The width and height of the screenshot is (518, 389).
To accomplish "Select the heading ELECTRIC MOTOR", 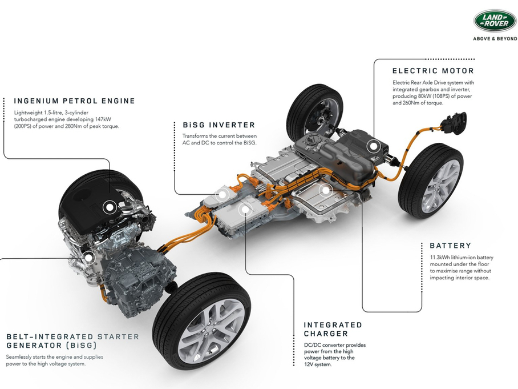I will tap(433, 71).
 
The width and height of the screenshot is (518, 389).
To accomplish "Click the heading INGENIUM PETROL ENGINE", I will tap(75, 101).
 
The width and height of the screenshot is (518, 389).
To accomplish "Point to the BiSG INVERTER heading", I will tap(218, 125).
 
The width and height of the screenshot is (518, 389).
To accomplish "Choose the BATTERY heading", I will tap(450, 246).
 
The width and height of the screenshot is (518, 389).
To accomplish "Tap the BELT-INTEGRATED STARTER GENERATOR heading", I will tap(72, 341).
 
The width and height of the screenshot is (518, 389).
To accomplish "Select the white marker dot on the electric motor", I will tap(373, 146).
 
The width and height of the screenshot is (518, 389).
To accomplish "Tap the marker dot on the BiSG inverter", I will tap(222, 194).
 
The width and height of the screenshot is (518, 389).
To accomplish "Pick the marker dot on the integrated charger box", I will tap(245, 209).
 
